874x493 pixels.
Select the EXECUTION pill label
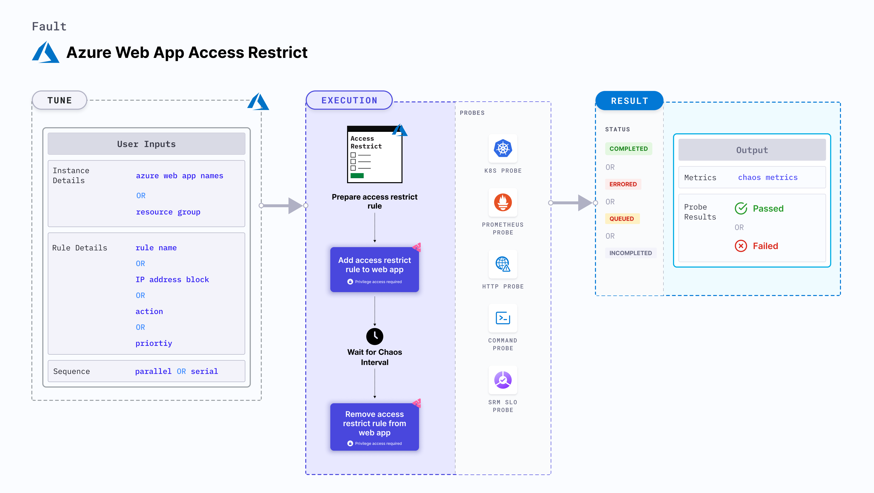coord(349,100)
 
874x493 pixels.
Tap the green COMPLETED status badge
coord(628,149)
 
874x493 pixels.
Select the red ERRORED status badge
coord(623,184)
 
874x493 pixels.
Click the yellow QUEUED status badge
coord(621,219)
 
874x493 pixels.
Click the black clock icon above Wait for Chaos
coord(374,336)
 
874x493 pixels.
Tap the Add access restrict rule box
coord(374,269)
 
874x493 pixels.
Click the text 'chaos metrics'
coord(768,177)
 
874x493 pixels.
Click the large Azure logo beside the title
coord(46,52)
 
